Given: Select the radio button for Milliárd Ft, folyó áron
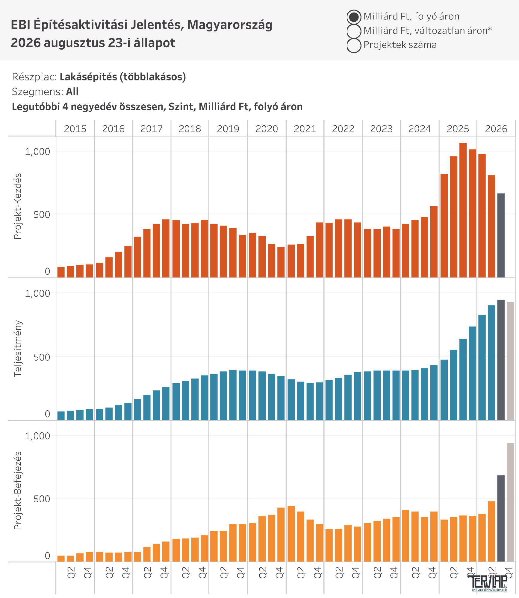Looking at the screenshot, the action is (354, 17).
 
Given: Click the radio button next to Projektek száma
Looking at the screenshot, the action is (354, 45).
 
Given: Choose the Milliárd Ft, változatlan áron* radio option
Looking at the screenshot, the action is (354, 31).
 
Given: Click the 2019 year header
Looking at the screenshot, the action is (228, 129).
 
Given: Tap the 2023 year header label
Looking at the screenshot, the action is (381, 129).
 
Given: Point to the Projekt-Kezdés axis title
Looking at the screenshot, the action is (18, 206).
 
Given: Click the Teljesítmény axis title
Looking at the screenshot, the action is (18, 349).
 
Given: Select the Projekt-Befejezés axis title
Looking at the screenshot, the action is (18, 491).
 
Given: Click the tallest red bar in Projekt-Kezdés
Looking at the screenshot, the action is (463, 210).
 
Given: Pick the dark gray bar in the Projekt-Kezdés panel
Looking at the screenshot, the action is (501, 236).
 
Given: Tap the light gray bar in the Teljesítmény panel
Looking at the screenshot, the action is (510, 361).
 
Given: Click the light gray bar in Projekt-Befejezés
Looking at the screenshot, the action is (510, 502).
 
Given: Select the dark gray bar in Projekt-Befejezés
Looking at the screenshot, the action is (501, 518).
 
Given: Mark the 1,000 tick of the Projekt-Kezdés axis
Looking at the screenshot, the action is (37, 152).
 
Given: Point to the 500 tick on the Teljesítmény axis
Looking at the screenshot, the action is (42, 357).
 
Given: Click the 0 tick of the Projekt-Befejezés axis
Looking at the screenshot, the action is (47, 556).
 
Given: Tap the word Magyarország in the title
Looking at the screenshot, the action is (230, 25).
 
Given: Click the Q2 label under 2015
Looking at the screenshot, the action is (71, 572).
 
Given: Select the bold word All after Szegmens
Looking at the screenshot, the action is (72, 91).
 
